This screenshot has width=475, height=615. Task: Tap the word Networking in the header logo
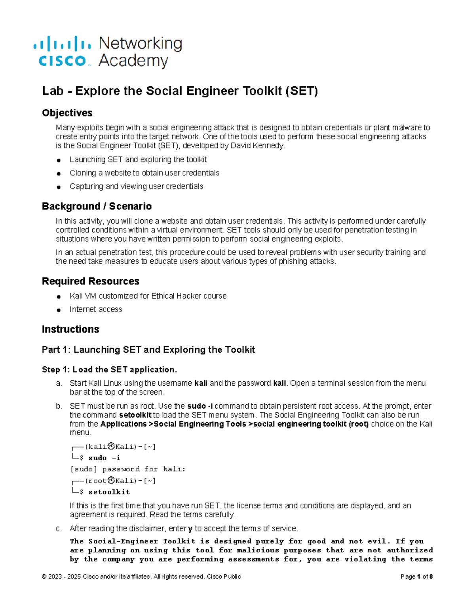click(140, 44)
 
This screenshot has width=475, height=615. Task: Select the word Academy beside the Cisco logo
click(133, 61)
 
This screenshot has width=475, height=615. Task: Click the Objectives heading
click(67, 113)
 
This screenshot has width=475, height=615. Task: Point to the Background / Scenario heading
click(97, 206)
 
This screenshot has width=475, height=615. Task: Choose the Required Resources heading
click(90, 281)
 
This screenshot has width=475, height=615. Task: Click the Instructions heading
click(70, 329)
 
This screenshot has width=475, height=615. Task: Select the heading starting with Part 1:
click(148, 350)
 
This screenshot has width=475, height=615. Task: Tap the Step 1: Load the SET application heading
click(109, 369)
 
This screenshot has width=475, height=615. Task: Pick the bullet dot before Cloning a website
click(59, 173)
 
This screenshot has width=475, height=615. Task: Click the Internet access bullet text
click(96, 309)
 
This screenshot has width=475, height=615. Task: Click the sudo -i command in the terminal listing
click(104, 458)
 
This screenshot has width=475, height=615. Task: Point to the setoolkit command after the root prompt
click(109, 492)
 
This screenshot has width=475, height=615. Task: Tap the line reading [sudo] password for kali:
click(127, 469)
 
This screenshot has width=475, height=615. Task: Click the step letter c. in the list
click(59, 529)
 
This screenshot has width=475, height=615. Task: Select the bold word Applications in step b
click(123, 424)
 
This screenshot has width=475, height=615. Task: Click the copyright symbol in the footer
click(44, 577)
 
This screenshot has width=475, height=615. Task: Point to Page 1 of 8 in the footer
click(416, 577)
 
